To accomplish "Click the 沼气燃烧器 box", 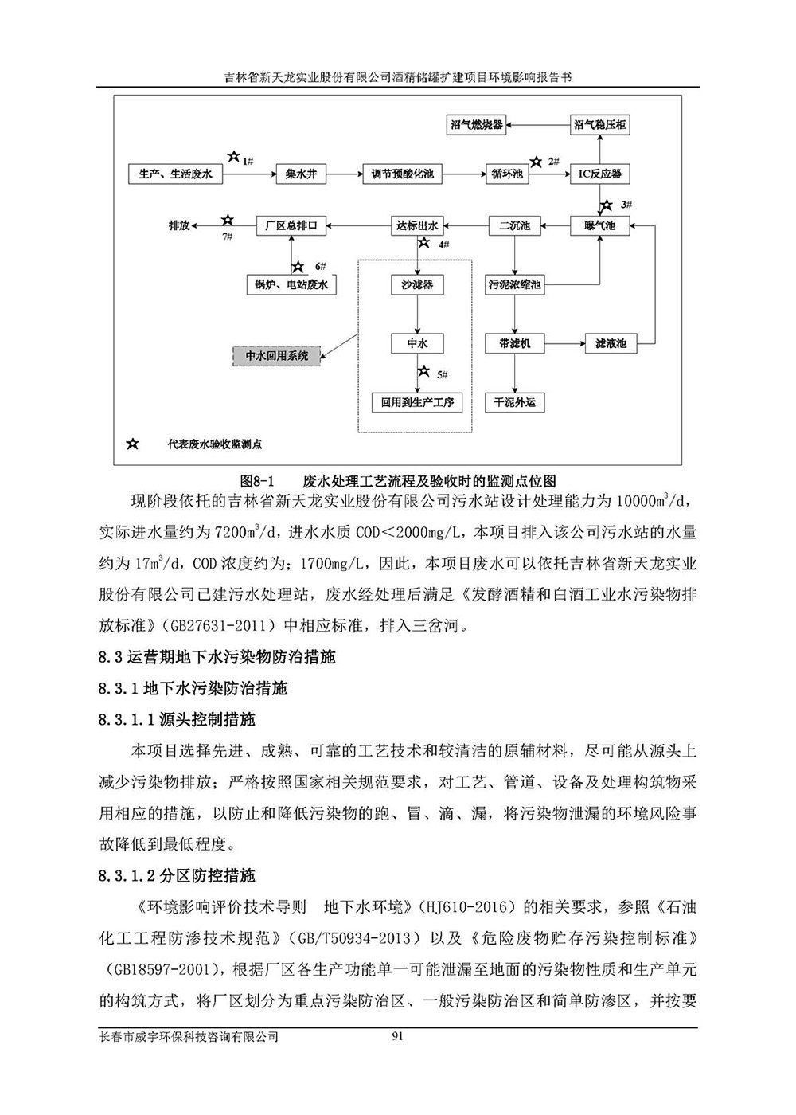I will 477,125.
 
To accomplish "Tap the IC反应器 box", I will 599,174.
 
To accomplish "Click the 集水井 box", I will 302,174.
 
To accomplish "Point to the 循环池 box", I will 507,174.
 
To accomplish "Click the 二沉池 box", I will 514,225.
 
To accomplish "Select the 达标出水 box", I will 417,225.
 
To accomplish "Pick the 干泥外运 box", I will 514,402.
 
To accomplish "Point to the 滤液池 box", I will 611,344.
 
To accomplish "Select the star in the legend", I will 132,444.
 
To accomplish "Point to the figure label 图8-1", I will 256,481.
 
